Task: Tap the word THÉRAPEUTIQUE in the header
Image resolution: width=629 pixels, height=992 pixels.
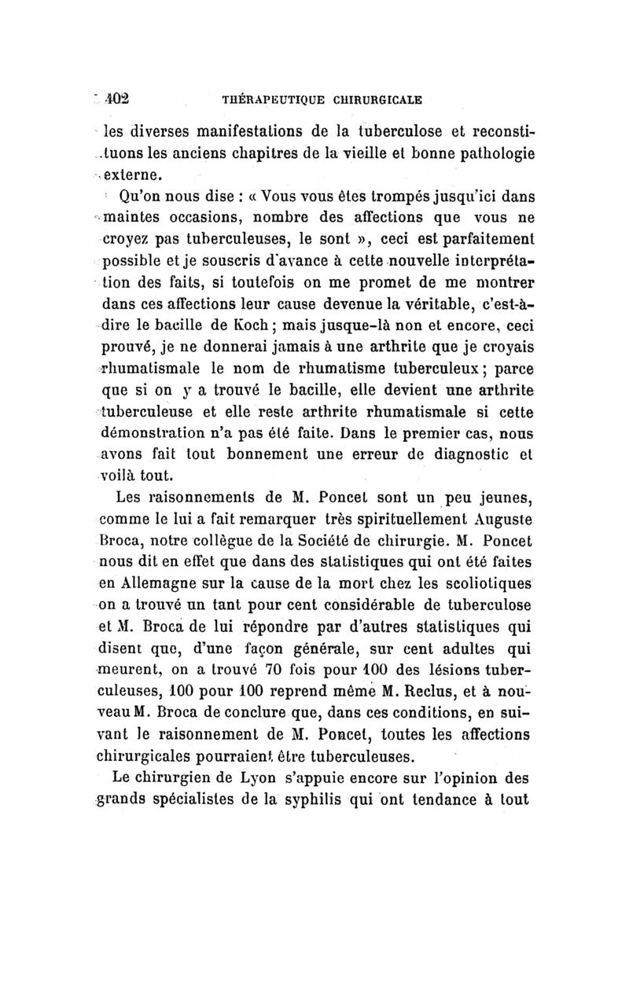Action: click(x=264, y=101)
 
